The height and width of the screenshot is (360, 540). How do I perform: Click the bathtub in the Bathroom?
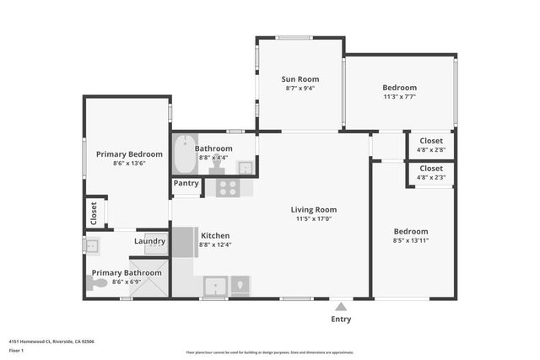click(x=184, y=153)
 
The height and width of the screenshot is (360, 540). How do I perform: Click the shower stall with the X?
click(x=153, y=279)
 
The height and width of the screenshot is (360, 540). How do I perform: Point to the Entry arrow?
click(x=339, y=307)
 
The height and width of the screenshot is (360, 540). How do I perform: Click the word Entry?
click(x=340, y=319)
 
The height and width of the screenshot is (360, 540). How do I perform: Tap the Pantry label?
click(x=186, y=183)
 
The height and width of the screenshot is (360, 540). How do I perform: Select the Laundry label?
click(x=149, y=241)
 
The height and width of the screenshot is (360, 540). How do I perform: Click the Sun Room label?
click(x=300, y=79)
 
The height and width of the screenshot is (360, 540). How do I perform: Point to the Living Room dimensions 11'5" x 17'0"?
click(x=314, y=219)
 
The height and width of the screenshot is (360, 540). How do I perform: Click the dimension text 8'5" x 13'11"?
click(x=411, y=240)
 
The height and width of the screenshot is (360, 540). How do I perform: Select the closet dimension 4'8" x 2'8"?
click(x=431, y=150)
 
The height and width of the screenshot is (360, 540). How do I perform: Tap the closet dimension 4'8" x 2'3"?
click(x=431, y=178)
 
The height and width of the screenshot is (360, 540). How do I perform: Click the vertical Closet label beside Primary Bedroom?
click(x=90, y=213)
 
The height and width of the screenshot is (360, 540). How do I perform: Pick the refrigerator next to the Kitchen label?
click(x=185, y=241)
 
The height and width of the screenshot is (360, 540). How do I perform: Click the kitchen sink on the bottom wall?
click(x=215, y=285)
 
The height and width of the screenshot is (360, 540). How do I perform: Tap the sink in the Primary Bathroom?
click(x=91, y=246)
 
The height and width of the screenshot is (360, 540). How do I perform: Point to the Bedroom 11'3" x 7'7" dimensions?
click(x=399, y=96)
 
